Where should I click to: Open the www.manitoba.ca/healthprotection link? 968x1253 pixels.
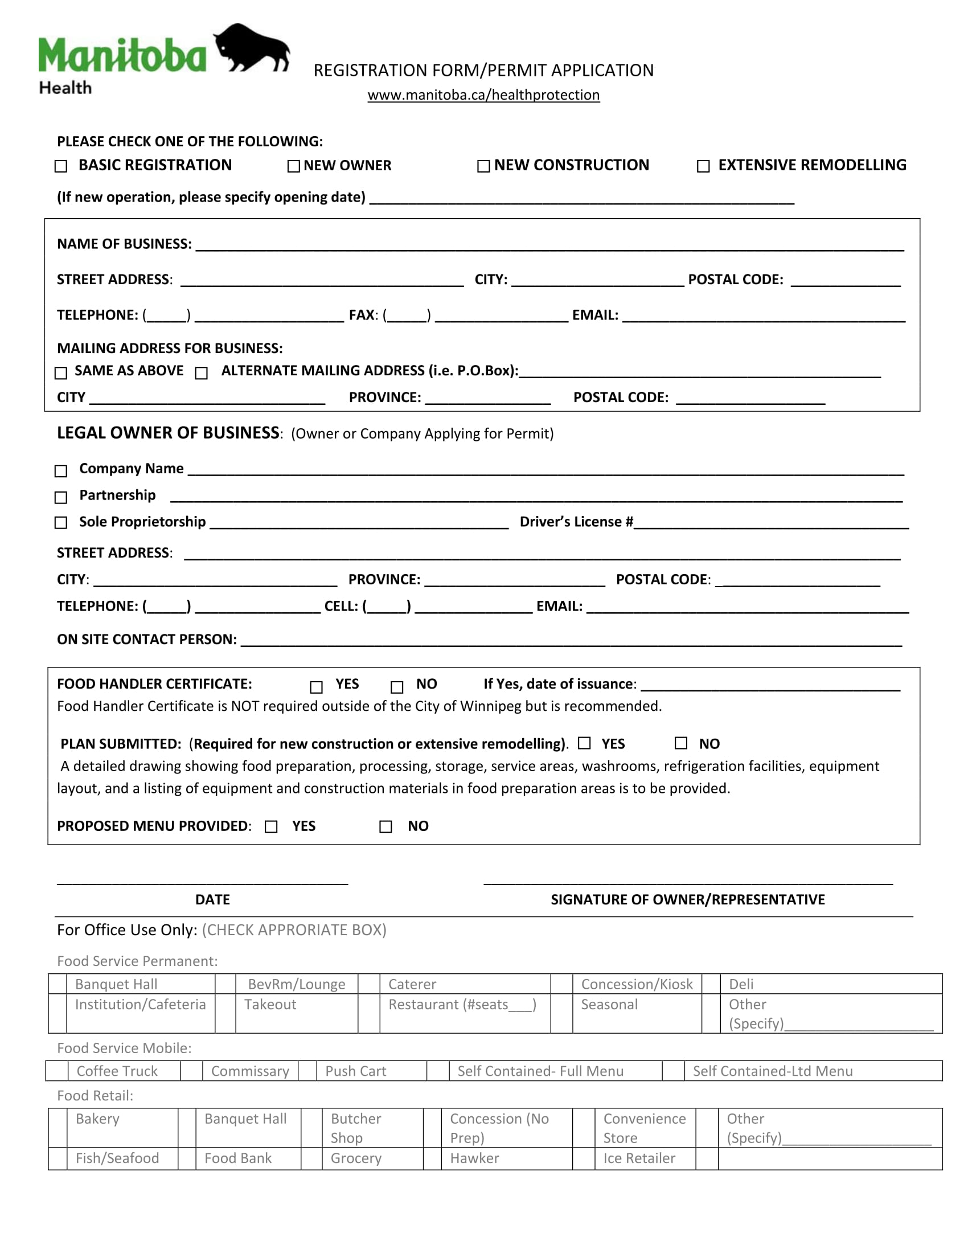(x=483, y=95)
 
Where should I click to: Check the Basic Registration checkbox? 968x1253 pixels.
(x=61, y=166)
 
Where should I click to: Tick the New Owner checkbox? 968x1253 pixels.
(x=294, y=166)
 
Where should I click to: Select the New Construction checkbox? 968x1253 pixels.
(x=483, y=166)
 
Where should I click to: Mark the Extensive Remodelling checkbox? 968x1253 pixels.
(x=703, y=166)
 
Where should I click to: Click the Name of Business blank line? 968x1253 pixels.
(x=549, y=245)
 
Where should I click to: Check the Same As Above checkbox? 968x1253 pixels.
(x=61, y=373)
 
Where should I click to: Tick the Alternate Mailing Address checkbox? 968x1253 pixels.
(x=201, y=373)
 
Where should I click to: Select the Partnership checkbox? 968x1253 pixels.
(x=61, y=497)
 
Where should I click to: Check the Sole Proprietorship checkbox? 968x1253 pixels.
(x=61, y=523)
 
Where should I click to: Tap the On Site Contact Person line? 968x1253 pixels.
(x=571, y=641)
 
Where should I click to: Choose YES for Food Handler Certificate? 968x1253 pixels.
(x=316, y=687)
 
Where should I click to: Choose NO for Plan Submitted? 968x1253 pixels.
(x=680, y=743)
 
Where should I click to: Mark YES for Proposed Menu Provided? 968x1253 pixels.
(x=271, y=827)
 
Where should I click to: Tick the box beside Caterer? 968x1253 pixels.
(x=369, y=985)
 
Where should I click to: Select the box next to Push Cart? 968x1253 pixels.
(x=307, y=1071)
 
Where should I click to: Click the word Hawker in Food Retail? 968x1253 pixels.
(x=474, y=1158)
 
